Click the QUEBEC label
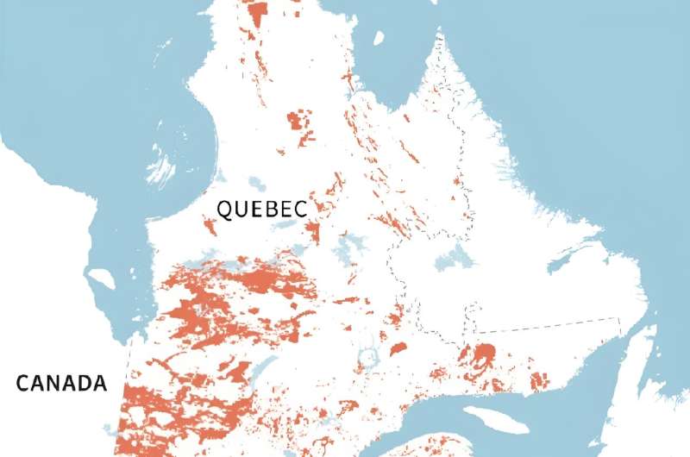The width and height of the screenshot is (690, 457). tap(260, 209)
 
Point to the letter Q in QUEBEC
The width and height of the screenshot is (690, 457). tap(224, 209)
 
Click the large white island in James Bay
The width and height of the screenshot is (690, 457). tap(100, 279)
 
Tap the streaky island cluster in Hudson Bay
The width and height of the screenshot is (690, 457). tap(160, 167)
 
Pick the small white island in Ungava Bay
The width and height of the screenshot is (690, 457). tap(378, 37)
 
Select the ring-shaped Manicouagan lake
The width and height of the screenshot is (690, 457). tap(369, 356)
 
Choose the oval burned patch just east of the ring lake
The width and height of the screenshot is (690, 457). tap(398, 348)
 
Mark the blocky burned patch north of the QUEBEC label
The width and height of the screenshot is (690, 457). tap(301, 121)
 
